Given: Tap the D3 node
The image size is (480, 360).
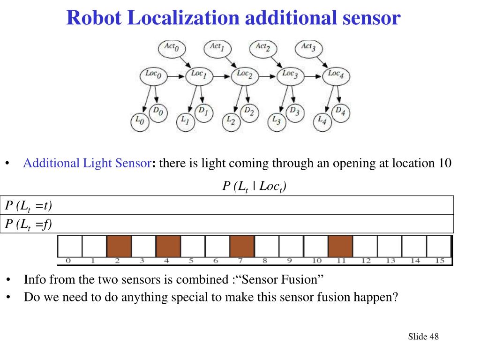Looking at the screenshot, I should pos(294,112).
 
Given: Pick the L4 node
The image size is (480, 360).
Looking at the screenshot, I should pos(323,120).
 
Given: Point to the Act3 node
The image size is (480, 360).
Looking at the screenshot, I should pos(308,47).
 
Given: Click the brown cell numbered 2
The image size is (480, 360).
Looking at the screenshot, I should pos(119,246).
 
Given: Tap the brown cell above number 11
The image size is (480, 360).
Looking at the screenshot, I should pos(340,246).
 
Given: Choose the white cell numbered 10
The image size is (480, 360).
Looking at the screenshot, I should pos(315,246).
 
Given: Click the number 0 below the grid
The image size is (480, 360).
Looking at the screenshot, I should pos(68,260).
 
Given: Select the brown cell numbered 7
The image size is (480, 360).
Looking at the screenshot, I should pos(242,246).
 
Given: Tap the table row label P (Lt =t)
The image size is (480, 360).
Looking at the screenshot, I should pos(28,205).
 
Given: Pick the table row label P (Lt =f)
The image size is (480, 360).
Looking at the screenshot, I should pos(28,225).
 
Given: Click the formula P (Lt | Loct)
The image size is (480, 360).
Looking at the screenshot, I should pos(254,187).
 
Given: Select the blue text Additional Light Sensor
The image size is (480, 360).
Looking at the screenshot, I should pos(86,164).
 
